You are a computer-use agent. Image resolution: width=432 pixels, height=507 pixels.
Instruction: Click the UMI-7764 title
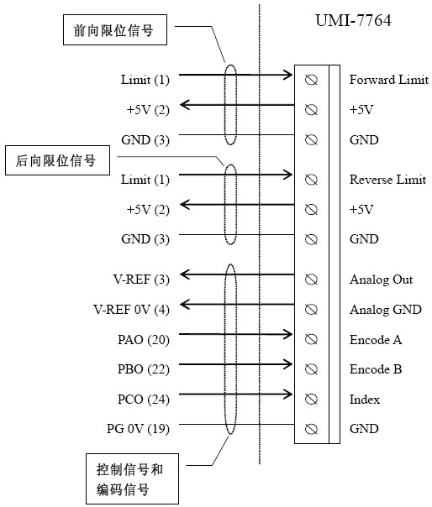(x=353, y=20)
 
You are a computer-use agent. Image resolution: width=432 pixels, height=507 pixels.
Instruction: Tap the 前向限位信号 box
(x=115, y=29)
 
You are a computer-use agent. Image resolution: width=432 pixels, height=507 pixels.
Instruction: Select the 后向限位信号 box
(x=58, y=160)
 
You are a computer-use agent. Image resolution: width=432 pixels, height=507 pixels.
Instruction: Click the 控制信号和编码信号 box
(x=132, y=478)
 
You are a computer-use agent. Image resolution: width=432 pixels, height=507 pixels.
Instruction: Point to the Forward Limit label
(x=389, y=80)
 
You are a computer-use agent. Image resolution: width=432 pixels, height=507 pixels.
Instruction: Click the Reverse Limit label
(x=387, y=180)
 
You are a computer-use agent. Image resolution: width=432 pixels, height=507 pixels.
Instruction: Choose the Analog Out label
(x=382, y=280)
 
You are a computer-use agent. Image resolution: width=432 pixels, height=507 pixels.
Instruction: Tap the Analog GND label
(x=386, y=310)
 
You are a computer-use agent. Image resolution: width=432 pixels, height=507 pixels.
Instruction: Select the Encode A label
(x=376, y=339)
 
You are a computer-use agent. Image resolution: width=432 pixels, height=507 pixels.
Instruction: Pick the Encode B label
(x=376, y=369)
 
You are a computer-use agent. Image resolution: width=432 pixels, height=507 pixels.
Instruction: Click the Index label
(x=364, y=400)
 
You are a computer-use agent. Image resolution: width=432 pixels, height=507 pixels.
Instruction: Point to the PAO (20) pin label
(x=144, y=340)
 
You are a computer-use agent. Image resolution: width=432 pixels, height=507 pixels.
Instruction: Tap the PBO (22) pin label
(x=144, y=369)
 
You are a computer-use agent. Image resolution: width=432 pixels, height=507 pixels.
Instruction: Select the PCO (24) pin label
(x=144, y=400)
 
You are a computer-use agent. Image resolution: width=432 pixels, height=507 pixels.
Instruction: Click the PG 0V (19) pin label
(x=139, y=429)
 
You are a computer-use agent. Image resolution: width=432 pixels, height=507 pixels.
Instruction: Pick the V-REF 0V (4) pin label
(x=131, y=310)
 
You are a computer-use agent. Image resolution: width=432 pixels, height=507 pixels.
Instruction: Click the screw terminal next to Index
(x=311, y=400)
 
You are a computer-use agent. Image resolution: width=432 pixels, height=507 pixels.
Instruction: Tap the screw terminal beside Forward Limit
(x=311, y=80)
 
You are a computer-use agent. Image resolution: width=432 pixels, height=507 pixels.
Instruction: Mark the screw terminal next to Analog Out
(x=311, y=280)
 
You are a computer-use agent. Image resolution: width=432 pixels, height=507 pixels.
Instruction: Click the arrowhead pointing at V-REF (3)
(x=185, y=274)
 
